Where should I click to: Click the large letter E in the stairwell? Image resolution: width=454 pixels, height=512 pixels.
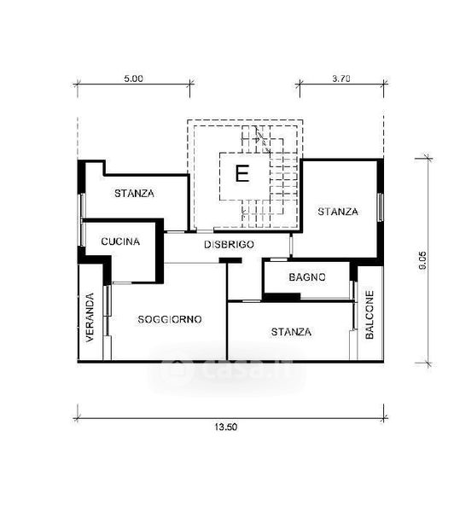tap(242, 173)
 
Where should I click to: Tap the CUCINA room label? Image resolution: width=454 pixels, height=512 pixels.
tap(120, 241)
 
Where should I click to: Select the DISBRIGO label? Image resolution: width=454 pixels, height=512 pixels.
tap(229, 245)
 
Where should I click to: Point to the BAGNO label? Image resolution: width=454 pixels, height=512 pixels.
tap(307, 277)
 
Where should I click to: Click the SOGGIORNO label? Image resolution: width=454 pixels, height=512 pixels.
tap(170, 319)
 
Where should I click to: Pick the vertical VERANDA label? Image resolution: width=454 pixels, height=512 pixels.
tap(90, 317)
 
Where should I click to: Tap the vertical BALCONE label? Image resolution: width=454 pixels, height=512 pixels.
tap(370, 315)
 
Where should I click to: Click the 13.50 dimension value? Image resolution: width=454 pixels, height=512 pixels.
tap(226, 427)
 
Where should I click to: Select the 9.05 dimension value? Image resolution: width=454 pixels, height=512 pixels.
tap(422, 260)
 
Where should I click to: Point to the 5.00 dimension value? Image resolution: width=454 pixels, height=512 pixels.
tap(134, 79)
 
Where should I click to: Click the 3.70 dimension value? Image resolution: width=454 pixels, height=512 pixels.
tap(341, 79)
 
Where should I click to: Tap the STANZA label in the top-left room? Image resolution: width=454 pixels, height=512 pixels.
tap(134, 194)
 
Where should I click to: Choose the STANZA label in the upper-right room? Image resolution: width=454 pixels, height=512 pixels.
tap(338, 212)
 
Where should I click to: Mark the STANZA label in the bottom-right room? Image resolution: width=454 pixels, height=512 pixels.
tap(291, 332)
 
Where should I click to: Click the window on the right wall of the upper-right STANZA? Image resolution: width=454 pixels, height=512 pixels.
tap(381, 207)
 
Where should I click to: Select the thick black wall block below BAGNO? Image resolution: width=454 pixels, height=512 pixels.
tap(282, 297)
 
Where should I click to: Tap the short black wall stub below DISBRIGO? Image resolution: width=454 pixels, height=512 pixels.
tap(230, 260)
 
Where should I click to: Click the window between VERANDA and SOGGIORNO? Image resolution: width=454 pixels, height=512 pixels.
tap(108, 311)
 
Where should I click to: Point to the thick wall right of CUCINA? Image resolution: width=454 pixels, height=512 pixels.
tap(160, 251)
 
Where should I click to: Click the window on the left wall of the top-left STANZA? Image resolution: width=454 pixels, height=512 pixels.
tap(82, 206)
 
